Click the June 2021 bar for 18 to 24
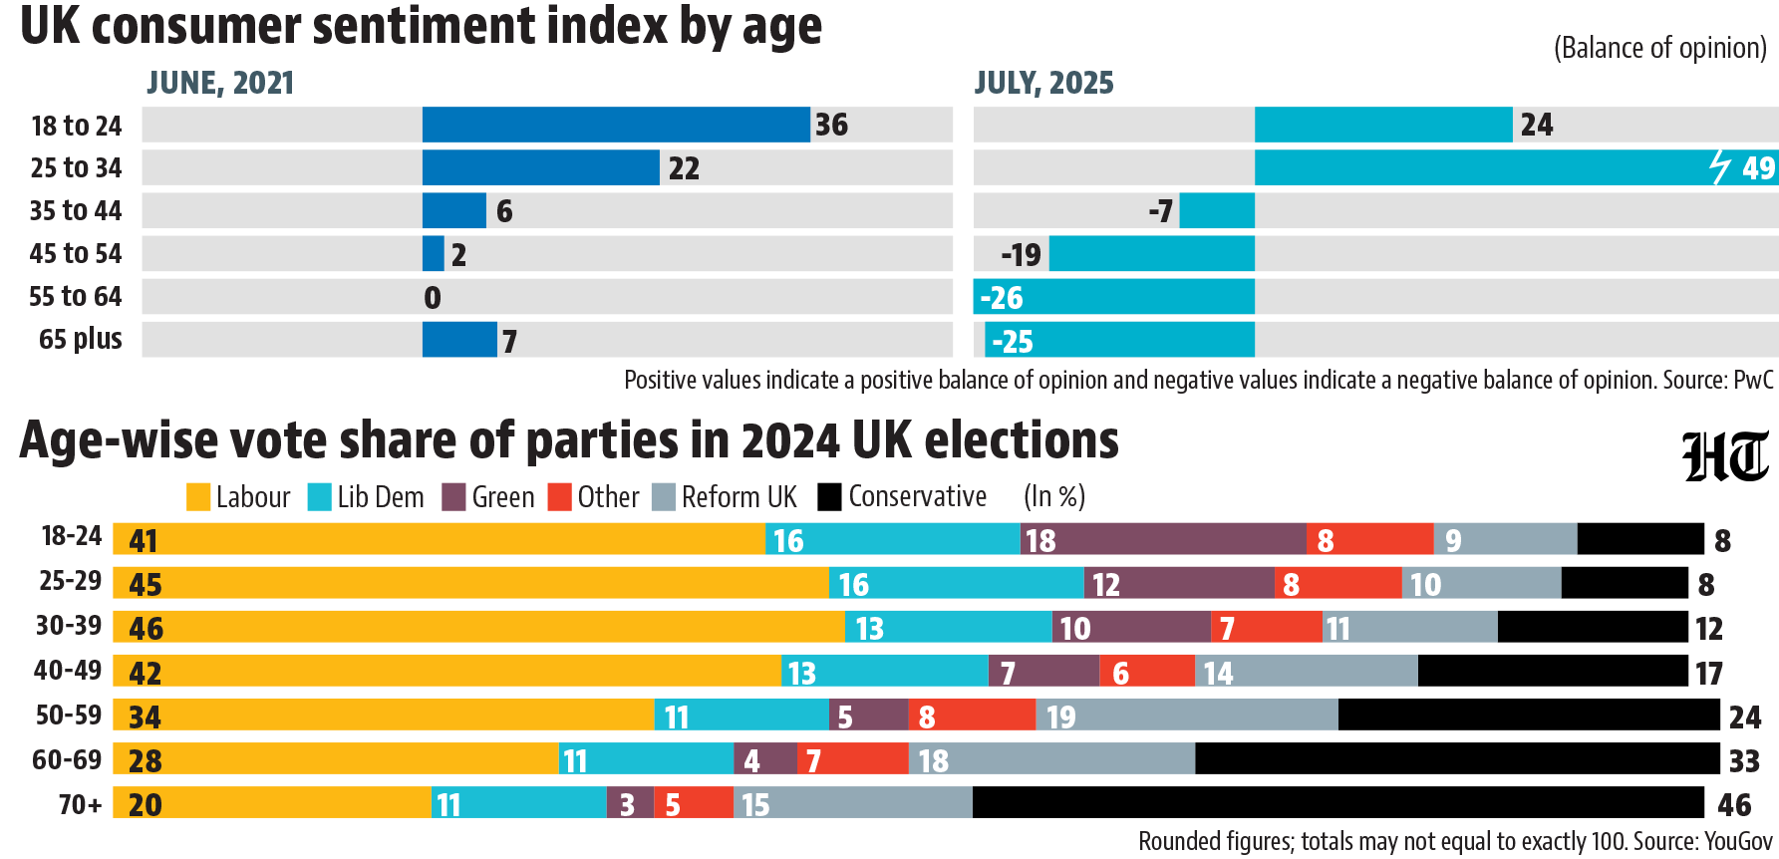616,125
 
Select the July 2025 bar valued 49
1516,167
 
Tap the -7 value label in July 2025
1160,211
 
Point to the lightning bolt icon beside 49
1720,167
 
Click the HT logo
1725,457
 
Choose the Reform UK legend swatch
664,497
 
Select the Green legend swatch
454,497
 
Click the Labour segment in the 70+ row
272,802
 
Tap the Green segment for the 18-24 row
1163,539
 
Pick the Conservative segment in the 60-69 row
1457,758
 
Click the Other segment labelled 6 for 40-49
1147,671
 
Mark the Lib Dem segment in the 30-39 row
949,627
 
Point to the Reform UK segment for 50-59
1187,715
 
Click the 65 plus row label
81,340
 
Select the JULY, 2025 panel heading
1043,83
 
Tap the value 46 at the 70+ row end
1734,804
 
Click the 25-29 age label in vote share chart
70,581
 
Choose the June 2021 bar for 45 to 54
434,253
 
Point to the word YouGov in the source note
1739,842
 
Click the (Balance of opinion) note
1660,48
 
